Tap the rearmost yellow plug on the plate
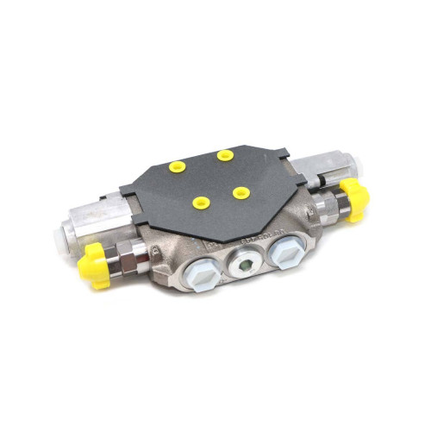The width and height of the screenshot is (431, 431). coord(225,155)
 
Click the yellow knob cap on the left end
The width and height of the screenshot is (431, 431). coord(96,264)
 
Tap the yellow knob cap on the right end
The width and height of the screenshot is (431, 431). coord(354,199)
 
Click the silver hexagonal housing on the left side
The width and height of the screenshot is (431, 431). coord(90,222)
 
